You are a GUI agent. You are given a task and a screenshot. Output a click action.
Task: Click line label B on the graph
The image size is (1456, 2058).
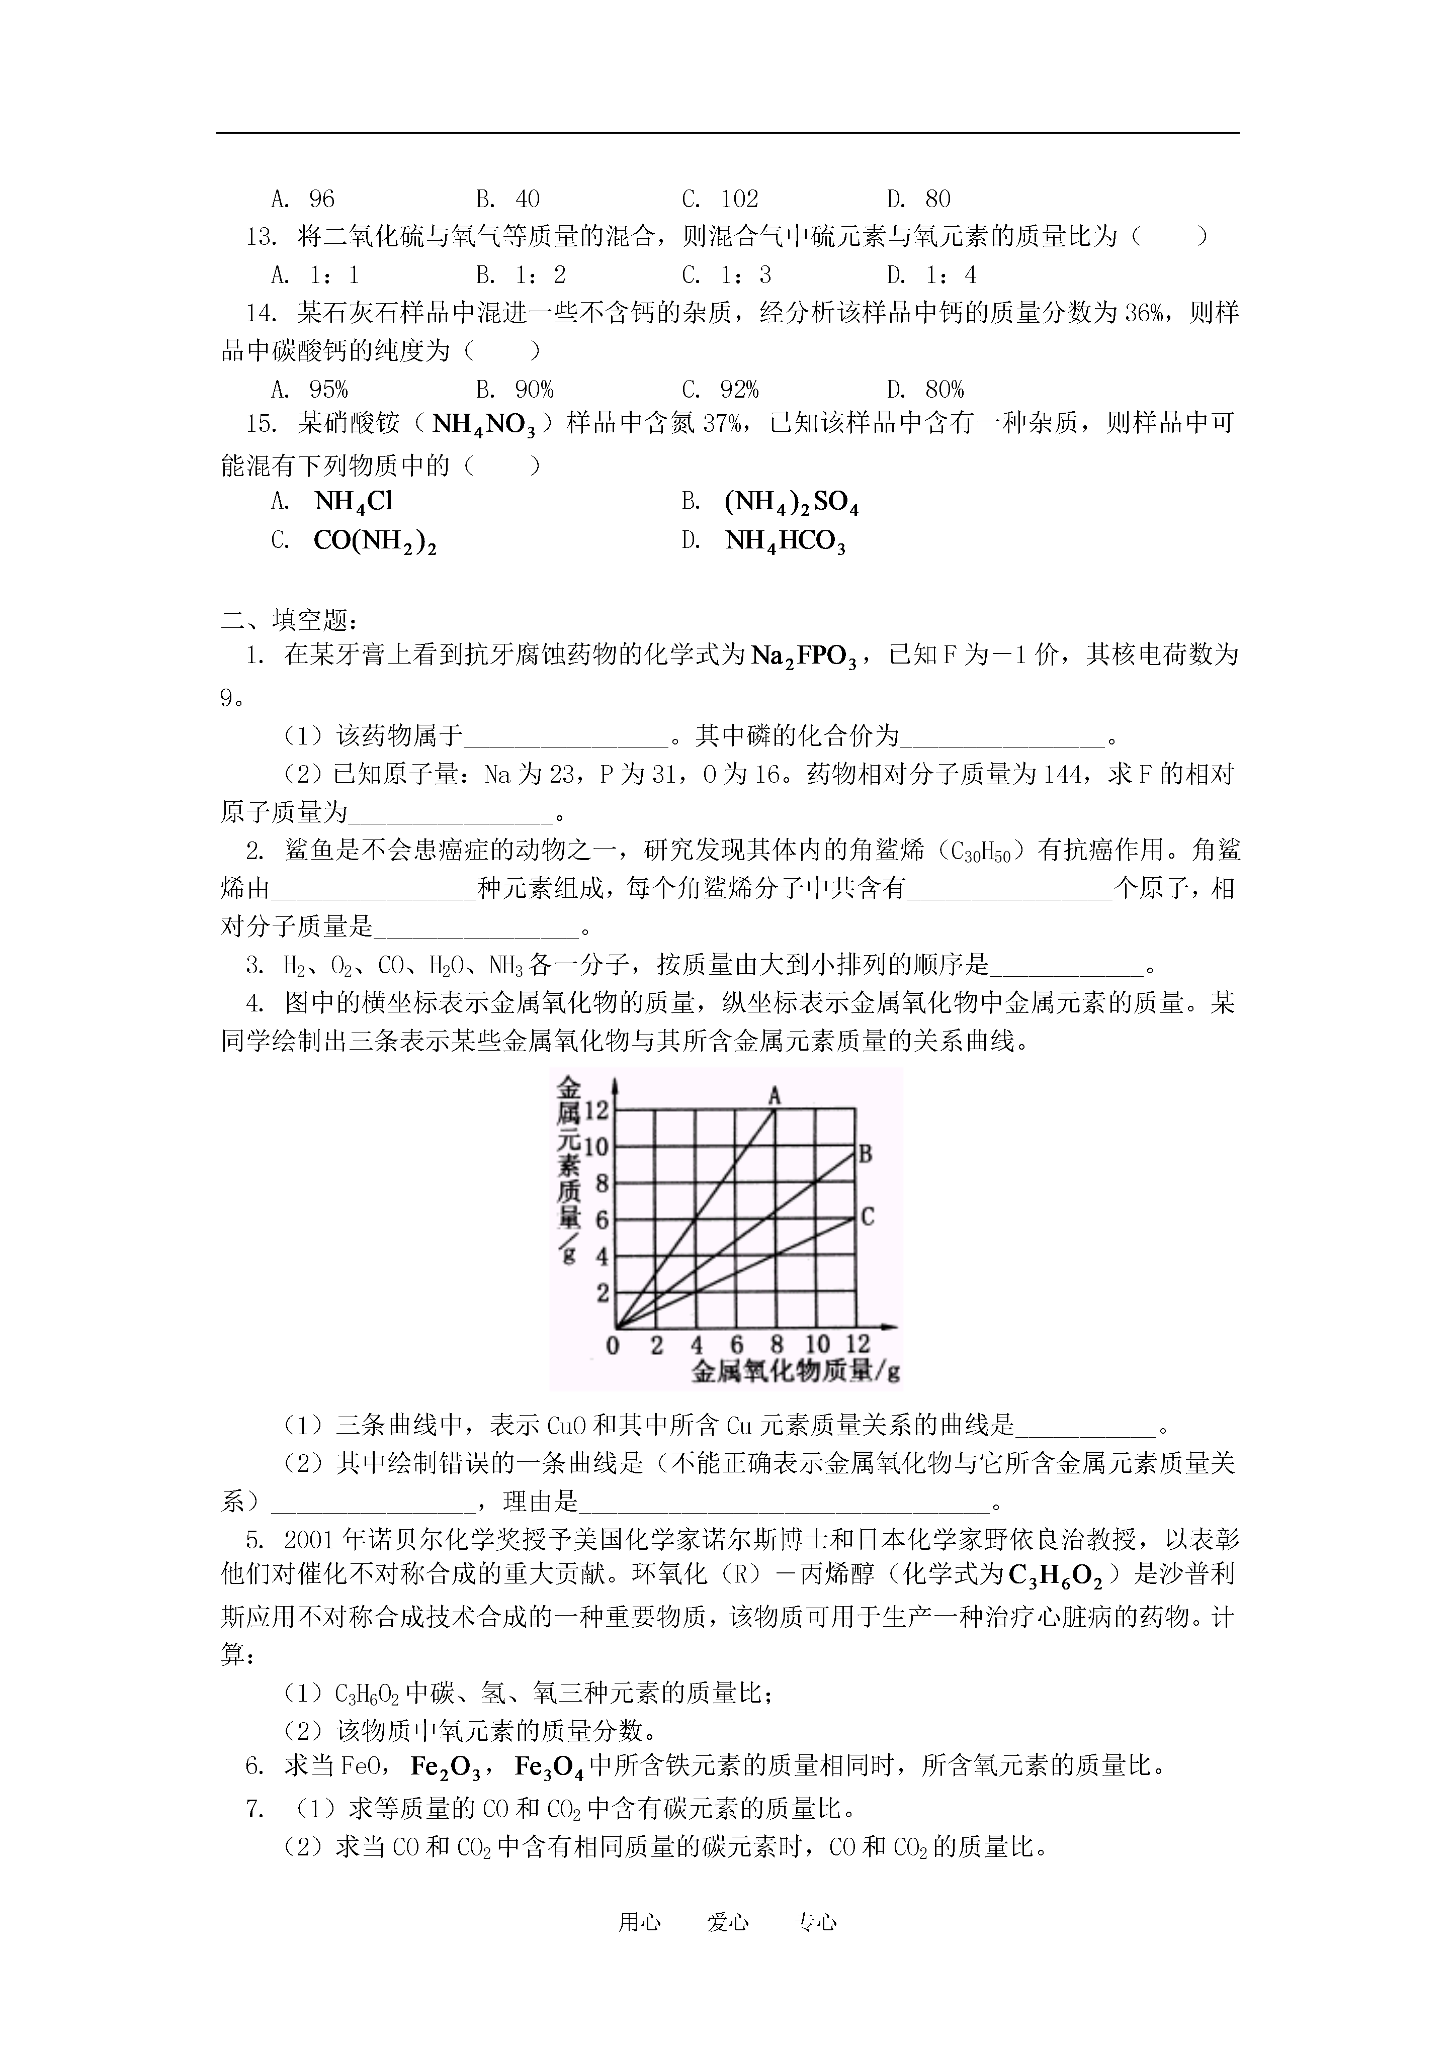(x=865, y=1154)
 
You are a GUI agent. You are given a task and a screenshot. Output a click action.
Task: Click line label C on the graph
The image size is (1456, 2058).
(x=867, y=1217)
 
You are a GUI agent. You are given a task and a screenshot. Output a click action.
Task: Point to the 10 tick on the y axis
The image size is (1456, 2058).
(x=596, y=1147)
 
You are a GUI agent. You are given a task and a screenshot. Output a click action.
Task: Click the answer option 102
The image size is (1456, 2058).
(x=739, y=198)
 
